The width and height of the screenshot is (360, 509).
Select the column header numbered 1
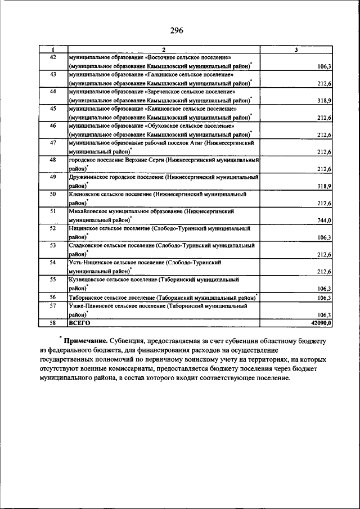pyautogui.click(x=53, y=50)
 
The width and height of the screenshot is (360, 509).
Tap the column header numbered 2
pyautogui.click(x=163, y=50)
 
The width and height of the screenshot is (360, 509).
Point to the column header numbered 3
pyautogui.click(x=296, y=50)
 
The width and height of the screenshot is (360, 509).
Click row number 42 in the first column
pyautogui.click(x=53, y=57)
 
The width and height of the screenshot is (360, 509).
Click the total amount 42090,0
pyautogui.click(x=321, y=323)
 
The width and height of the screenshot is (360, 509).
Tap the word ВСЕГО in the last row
pyautogui.click(x=79, y=323)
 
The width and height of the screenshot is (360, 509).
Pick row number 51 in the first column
pyautogui.click(x=53, y=211)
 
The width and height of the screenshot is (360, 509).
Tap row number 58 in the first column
pyautogui.click(x=53, y=323)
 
